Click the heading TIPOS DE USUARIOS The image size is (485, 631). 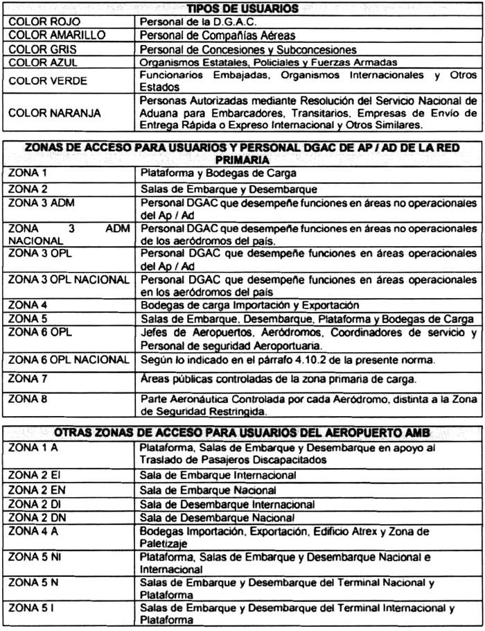tap(243, 9)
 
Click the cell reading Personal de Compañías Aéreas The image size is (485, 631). tap(218, 35)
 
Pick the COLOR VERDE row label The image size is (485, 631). tap(42, 80)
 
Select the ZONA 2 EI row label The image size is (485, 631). tap(35, 475)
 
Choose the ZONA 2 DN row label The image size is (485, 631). tap(36, 519)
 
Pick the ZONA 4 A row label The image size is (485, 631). tap(35, 533)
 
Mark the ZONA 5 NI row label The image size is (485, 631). tap(35, 557)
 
